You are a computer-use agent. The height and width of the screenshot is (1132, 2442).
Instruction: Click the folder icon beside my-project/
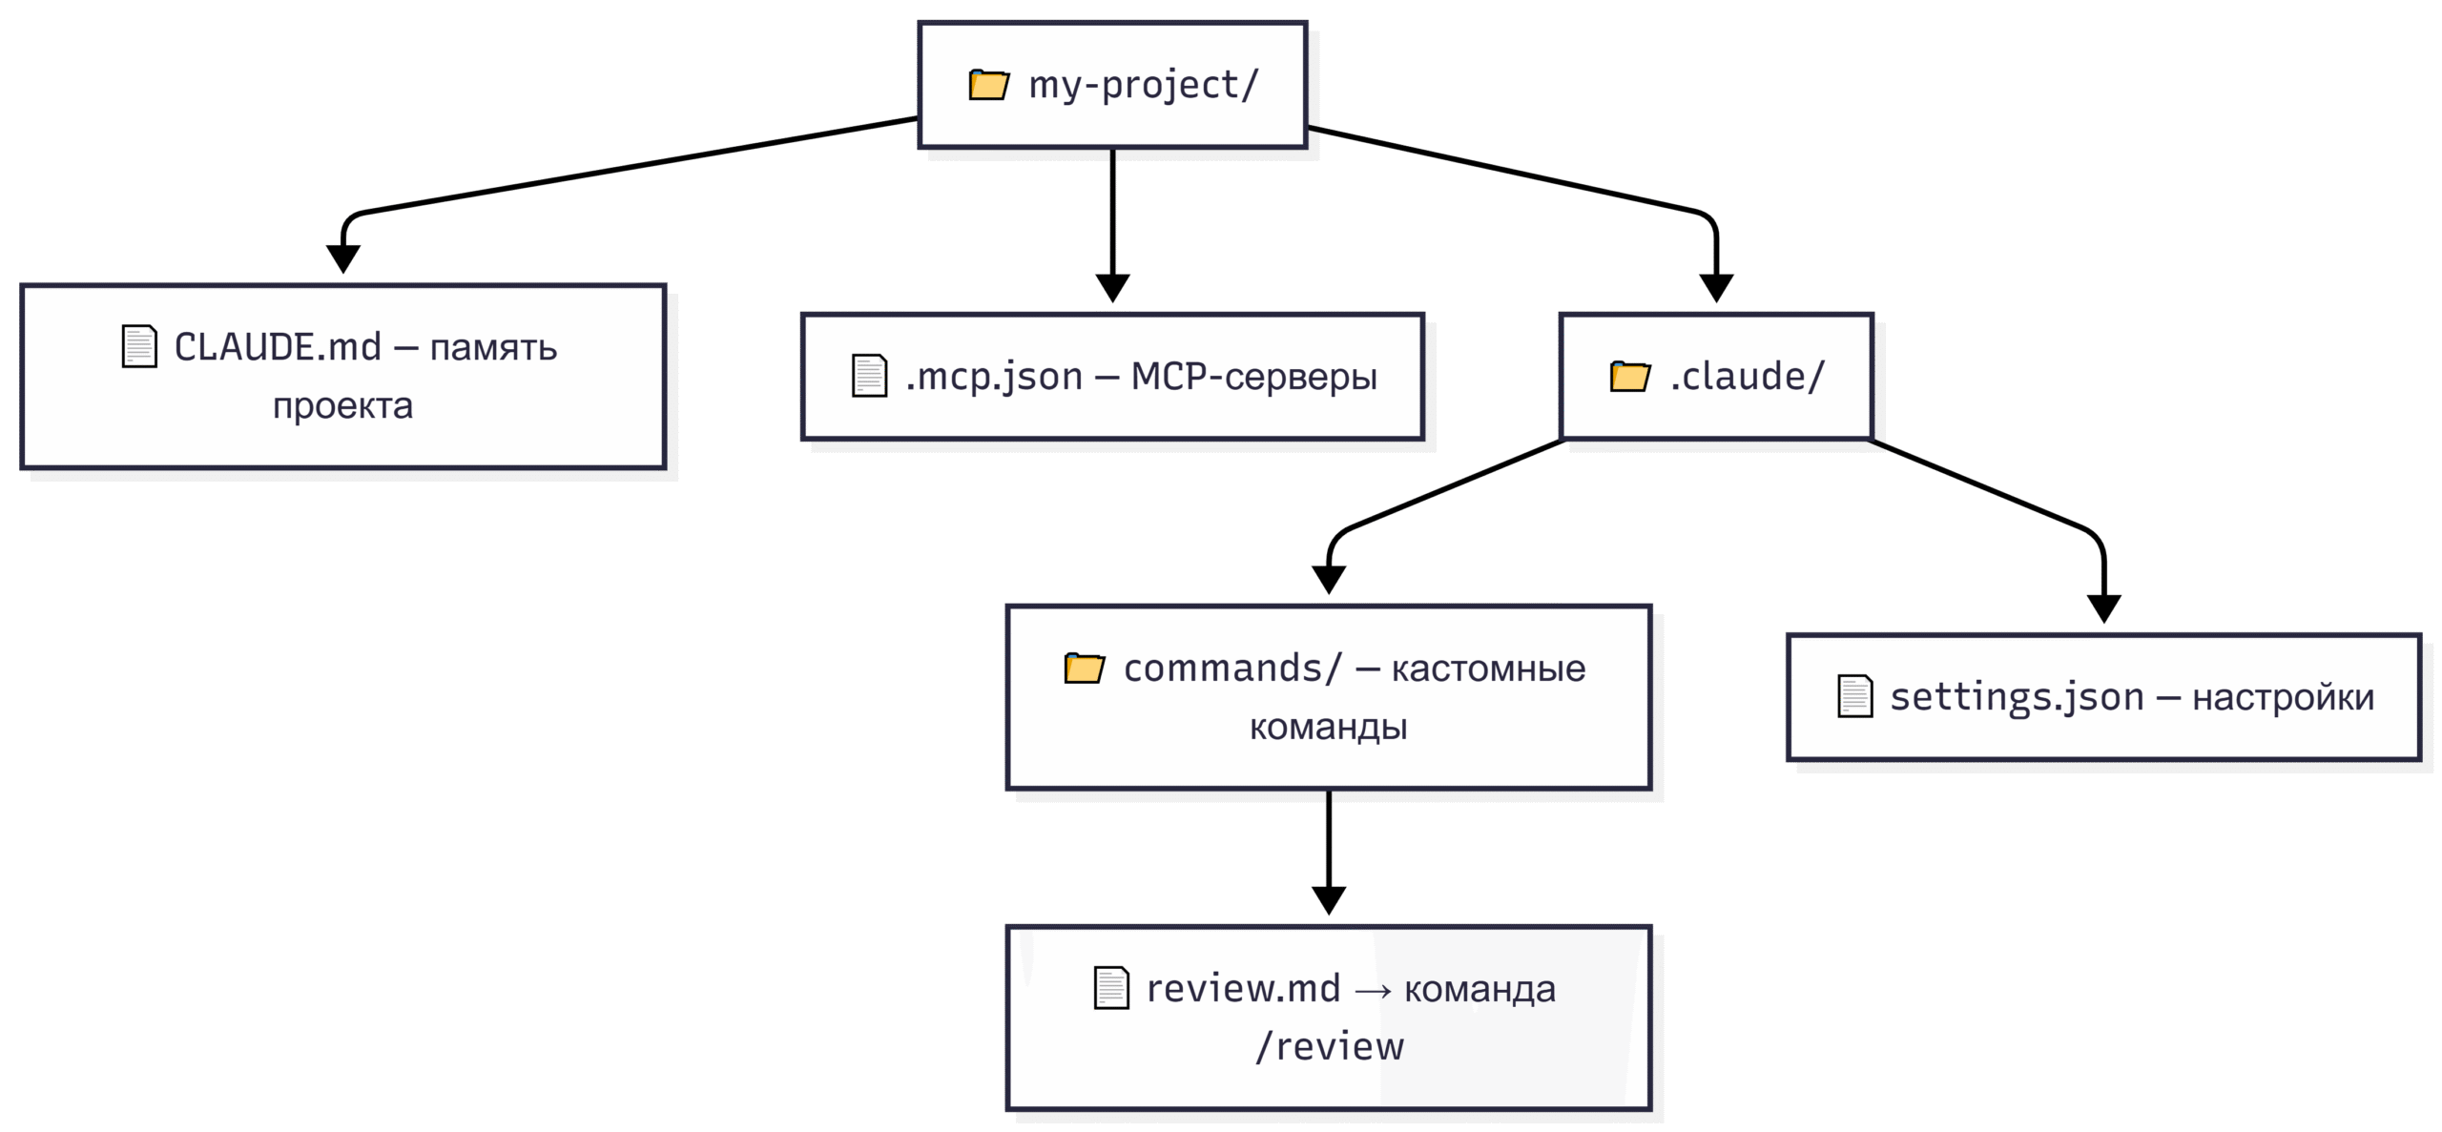[x=988, y=85]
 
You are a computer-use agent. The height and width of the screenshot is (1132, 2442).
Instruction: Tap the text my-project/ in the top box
[x=1144, y=85]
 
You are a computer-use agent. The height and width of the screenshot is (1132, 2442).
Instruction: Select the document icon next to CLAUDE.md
[x=139, y=346]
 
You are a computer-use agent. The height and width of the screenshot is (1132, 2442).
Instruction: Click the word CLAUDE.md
[x=278, y=346]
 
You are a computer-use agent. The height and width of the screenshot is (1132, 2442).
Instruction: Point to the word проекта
[x=343, y=406]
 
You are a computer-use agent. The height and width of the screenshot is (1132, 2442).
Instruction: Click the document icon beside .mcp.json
[x=869, y=376]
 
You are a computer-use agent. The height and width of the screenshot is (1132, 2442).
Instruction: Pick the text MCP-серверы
[x=1254, y=377]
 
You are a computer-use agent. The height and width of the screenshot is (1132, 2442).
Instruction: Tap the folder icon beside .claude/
[x=1629, y=377]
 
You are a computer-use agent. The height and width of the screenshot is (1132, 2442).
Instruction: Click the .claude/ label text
[x=1747, y=377]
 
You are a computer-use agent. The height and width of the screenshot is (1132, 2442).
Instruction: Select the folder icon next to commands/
[x=1084, y=669]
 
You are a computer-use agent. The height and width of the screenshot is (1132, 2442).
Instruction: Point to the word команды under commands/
[x=1329, y=728]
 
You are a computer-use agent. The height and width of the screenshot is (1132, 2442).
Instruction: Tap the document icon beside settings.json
[x=1854, y=696]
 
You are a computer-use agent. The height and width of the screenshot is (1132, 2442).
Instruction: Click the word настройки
[x=2284, y=698]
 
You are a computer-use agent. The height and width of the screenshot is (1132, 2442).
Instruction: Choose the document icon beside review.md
[x=1111, y=988]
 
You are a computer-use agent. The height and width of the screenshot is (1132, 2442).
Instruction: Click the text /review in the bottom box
[x=1330, y=1047]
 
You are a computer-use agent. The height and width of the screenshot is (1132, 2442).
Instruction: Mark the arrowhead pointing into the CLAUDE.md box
[x=343, y=259]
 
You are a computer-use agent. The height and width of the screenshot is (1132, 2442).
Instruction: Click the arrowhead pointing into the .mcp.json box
[x=1112, y=289]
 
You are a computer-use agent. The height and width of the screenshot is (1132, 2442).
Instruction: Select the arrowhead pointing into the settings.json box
[x=2104, y=609]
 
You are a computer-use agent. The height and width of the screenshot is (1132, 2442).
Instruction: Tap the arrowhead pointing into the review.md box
[x=1329, y=901]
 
